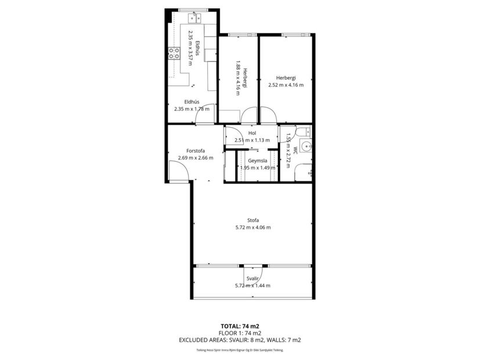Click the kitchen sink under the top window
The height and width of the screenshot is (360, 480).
pos(194,17)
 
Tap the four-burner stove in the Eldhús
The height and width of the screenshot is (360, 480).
pos(174,53)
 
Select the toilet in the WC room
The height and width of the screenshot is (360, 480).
pos(302,132)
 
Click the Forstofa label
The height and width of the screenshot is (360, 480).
pos(195,150)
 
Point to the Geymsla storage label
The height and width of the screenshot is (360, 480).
pos(257,160)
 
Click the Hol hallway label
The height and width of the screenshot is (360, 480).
pos(252,133)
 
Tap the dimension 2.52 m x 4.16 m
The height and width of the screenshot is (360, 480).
pos(286,85)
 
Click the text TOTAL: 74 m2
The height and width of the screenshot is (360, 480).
pos(240,326)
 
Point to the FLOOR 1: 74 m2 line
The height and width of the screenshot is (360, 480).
pos(240,333)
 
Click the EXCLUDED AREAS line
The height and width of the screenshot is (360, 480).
pos(240,340)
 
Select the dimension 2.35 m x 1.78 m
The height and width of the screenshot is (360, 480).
pos(192,109)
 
